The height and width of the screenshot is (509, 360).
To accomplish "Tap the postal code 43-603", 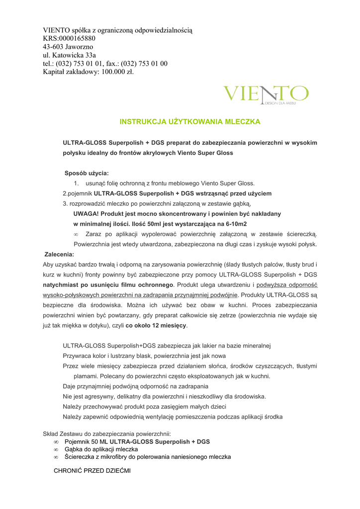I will pyautogui.click(x=53, y=47).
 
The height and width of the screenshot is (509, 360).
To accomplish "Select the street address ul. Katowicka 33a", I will pyautogui.click(x=69, y=55).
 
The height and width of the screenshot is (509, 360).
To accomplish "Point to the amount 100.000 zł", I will pyautogui.click(x=118, y=72).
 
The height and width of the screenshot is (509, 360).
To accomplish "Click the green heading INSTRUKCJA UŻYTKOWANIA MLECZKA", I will pyautogui.click(x=190, y=121).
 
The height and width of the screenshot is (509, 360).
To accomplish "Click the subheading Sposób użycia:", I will pyautogui.click(x=87, y=173).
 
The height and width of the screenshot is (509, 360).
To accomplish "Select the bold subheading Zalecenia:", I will pyautogui.click(x=59, y=254).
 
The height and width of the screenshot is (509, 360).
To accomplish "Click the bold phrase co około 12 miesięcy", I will pyautogui.click(x=156, y=325).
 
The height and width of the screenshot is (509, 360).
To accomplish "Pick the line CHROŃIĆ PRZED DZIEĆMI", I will pyautogui.click(x=92, y=470).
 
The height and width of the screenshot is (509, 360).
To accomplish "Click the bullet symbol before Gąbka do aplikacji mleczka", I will pyautogui.click(x=56, y=449).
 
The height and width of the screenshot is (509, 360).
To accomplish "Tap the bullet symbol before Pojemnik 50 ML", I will pyautogui.click(x=56, y=441).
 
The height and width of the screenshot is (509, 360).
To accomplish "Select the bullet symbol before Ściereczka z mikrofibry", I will pyautogui.click(x=56, y=457).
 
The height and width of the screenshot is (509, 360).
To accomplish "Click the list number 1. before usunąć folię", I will pyautogui.click(x=77, y=183).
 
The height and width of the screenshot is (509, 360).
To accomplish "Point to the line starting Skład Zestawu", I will pyautogui.click(x=107, y=433).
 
